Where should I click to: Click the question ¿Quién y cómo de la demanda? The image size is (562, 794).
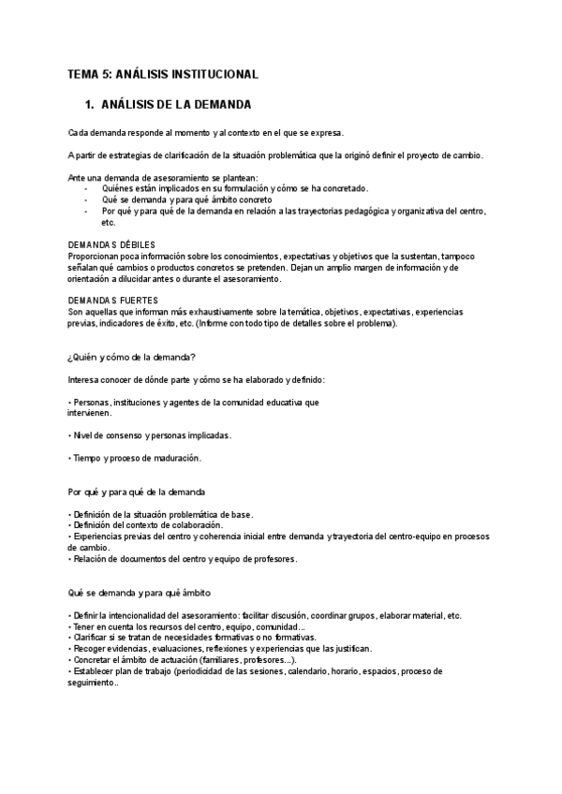(131, 356)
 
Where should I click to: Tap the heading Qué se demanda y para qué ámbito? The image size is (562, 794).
(138, 592)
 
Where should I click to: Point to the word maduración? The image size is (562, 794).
(175, 458)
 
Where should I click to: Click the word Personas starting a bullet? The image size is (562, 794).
(91, 402)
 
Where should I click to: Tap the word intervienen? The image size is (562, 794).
(90, 413)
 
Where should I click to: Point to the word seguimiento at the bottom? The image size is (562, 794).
(92, 682)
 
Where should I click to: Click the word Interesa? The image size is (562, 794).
(87, 379)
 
